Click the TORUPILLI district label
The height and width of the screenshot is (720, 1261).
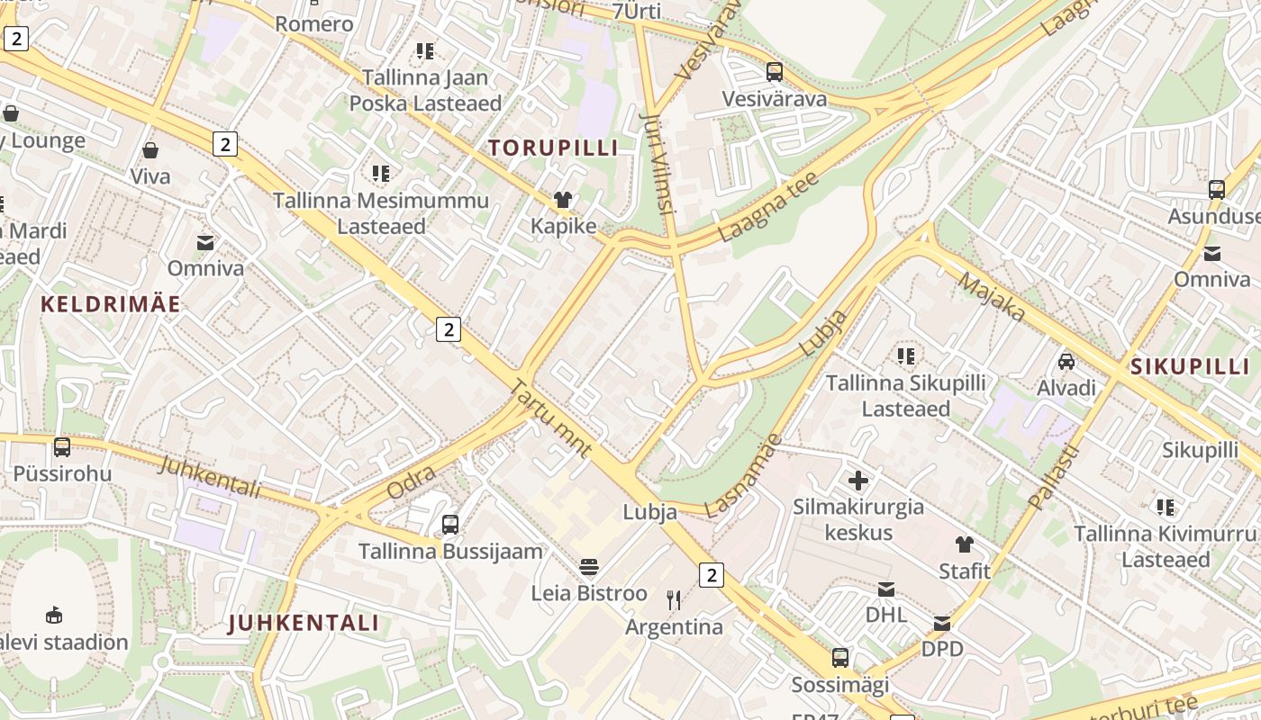(x=553, y=148)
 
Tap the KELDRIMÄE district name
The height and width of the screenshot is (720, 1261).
(x=111, y=304)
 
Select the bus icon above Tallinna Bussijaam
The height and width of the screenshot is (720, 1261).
(x=450, y=524)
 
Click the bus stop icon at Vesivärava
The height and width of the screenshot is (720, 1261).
(x=775, y=72)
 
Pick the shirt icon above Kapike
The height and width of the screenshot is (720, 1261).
(x=563, y=200)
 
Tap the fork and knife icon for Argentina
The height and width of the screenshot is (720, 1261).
(x=674, y=599)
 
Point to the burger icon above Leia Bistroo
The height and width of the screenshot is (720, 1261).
(x=589, y=567)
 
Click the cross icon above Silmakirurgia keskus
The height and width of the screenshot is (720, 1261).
(x=858, y=481)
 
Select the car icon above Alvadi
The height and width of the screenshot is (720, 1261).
(x=1066, y=362)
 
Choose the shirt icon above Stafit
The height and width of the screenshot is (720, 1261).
(x=965, y=544)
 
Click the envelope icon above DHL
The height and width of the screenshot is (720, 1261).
(x=886, y=589)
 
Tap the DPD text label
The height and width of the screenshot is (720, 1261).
(x=942, y=649)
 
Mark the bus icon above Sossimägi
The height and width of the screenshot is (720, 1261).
(x=840, y=658)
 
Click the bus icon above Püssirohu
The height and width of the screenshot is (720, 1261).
(x=62, y=447)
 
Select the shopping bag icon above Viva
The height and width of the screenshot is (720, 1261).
(x=150, y=150)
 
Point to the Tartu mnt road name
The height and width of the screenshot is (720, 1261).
(x=550, y=418)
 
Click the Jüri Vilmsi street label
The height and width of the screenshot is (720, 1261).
(x=657, y=162)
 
